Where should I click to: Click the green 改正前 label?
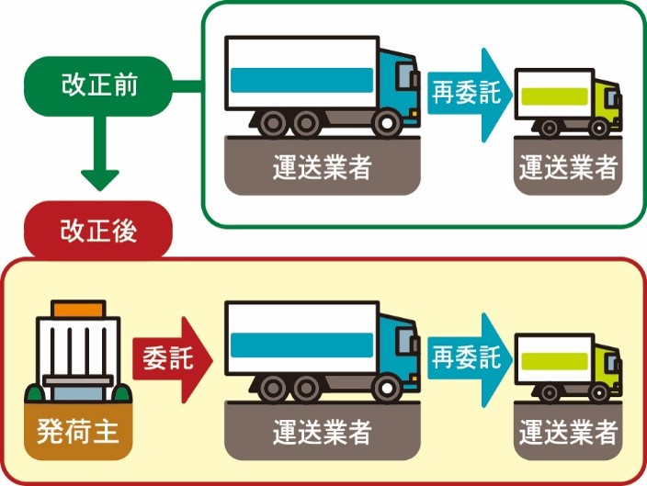click(99, 87)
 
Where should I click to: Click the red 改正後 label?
click(99, 231)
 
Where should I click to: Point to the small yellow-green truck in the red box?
click(566, 363)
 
